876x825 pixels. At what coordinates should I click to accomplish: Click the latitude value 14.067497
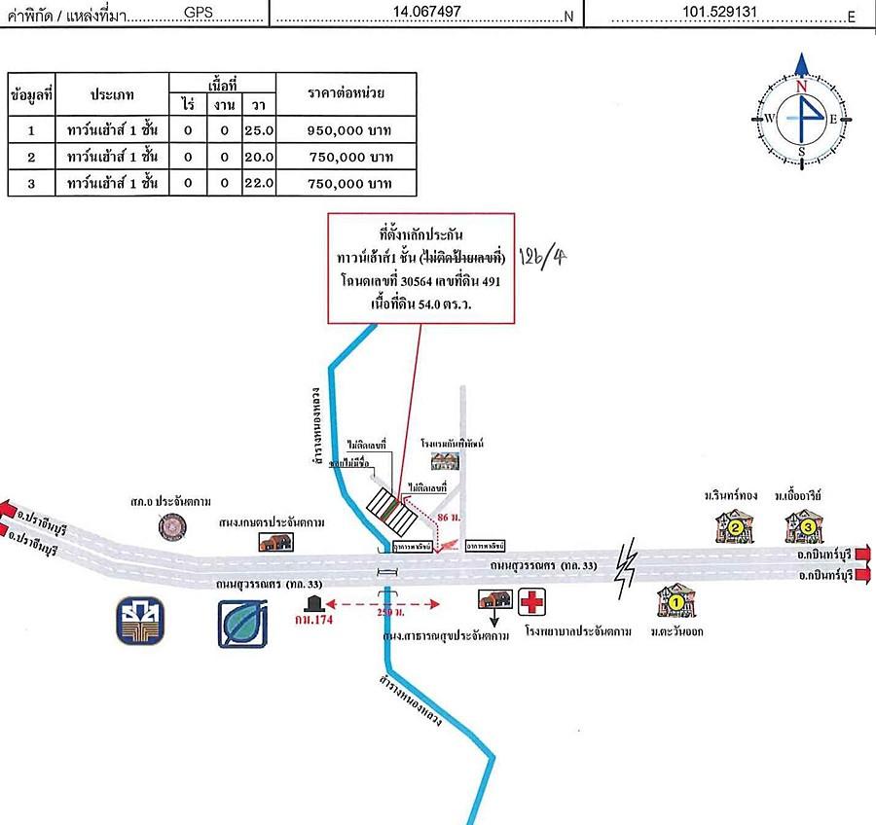426,12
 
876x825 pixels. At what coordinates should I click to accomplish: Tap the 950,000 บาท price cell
347,128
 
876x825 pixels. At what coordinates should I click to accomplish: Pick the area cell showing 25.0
262,128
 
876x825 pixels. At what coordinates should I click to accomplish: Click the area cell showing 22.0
262,183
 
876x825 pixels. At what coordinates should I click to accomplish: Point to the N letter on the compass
802,86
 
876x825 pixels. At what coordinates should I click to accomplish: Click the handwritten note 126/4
545,256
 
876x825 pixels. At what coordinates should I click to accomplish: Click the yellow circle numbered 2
736,528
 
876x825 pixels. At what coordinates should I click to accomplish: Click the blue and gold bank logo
142,623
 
